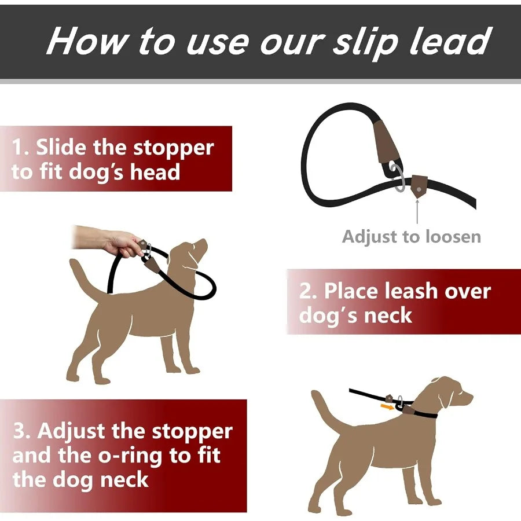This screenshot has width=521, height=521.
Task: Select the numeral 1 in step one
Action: coord(19,148)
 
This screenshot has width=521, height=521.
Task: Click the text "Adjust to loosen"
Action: coord(412,237)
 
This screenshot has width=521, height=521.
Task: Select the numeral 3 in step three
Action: coord(20,432)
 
